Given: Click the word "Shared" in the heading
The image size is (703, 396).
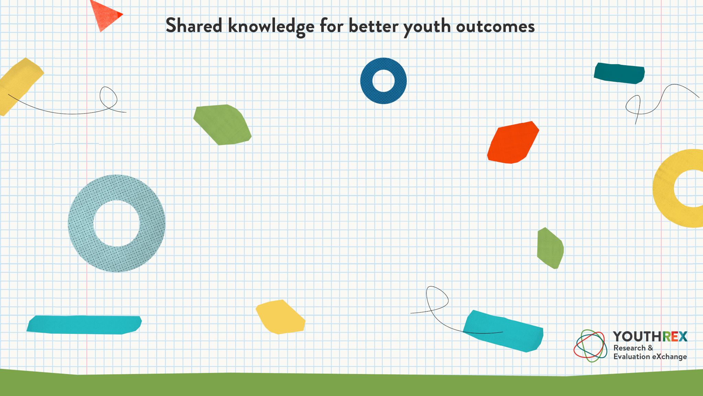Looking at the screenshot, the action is pyautogui.click(x=194, y=25).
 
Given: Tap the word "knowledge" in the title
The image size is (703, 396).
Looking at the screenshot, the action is pyautogui.click(x=271, y=27).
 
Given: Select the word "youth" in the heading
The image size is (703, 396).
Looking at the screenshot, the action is pyautogui.click(x=427, y=27).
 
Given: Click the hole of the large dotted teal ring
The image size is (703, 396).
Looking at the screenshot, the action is pyautogui.click(x=117, y=223).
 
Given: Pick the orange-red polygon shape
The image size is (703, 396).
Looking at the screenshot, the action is pyautogui.click(x=513, y=142).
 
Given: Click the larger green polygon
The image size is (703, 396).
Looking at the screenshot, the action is pyautogui.click(x=222, y=124).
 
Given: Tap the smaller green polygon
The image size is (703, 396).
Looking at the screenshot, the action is pyautogui.click(x=550, y=248).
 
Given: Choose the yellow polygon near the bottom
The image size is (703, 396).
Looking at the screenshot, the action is pyautogui.click(x=280, y=317).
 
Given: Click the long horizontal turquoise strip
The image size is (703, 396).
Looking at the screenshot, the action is pyautogui.click(x=84, y=325).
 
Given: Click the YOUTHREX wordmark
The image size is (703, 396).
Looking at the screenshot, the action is pyautogui.click(x=650, y=337).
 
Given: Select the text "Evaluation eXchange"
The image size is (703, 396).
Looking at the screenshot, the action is pyautogui.click(x=650, y=357).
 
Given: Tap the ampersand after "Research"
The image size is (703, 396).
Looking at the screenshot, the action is pyautogui.click(x=650, y=348).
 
